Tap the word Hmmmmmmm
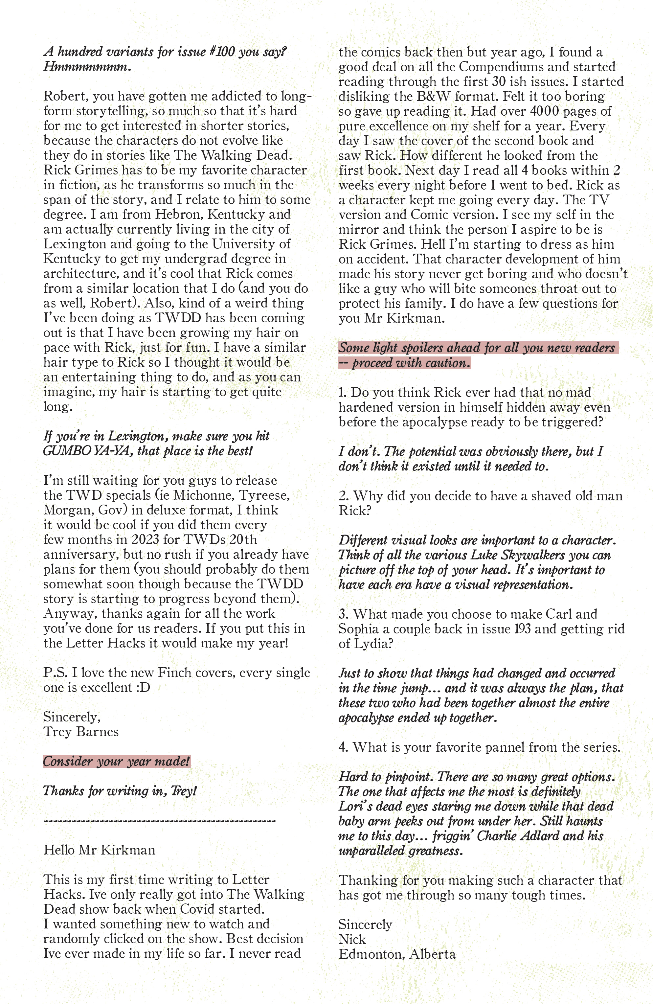[x=87, y=67]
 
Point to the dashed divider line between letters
[x=159, y=820]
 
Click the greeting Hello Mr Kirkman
[x=99, y=850]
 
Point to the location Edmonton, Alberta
[x=396, y=954]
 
